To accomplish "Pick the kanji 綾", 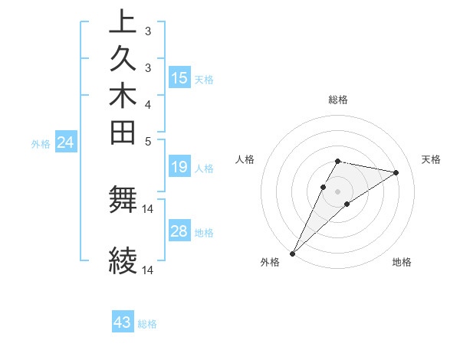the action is (123, 261).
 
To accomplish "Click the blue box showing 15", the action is (179, 77).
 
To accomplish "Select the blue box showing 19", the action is (179, 167).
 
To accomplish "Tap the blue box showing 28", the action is (179, 231).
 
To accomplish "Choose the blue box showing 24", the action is (66, 142).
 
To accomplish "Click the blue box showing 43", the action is (123, 322).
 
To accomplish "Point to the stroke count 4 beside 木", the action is (147, 103).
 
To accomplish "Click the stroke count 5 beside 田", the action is (147, 140).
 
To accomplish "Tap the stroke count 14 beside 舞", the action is (148, 208).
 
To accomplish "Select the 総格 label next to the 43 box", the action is (147, 324).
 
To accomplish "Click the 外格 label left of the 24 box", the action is (41, 143).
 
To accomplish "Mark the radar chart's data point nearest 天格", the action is (396, 172).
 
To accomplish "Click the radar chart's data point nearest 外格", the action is (293, 252).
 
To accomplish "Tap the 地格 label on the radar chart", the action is (402, 263).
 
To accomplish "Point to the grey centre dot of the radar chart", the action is (338, 191).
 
